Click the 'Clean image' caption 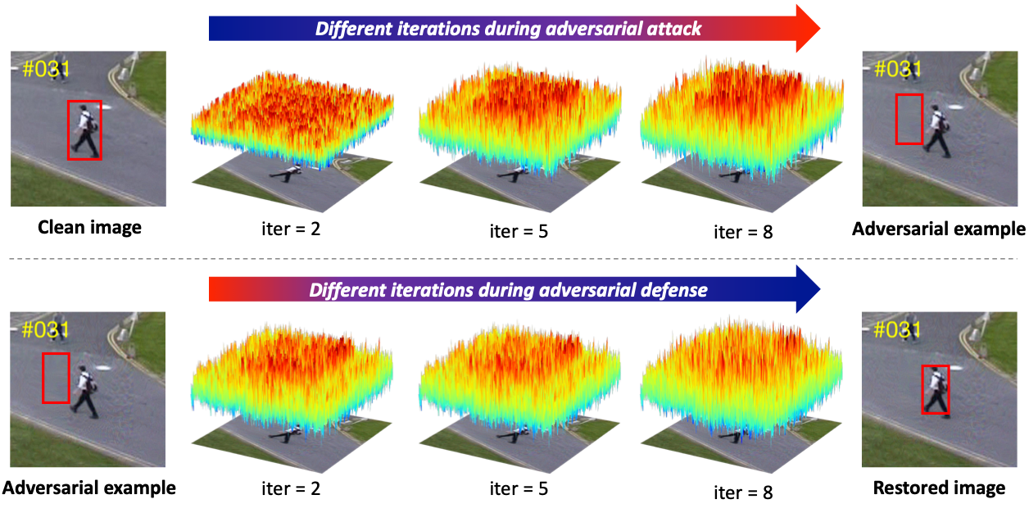coord(89,228)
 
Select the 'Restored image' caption coord(939,488)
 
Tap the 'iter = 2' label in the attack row coord(291,229)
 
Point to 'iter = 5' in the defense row coord(519,488)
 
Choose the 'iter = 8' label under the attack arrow coord(743,232)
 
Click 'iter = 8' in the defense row coord(743,492)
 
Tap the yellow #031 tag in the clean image coord(47,70)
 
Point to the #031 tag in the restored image coord(897,329)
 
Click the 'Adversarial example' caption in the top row coord(939,229)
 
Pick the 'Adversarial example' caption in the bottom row coord(89,488)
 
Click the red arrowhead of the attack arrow coord(808,29)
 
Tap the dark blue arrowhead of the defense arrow coord(808,289)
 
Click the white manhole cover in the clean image coord(105,107)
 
